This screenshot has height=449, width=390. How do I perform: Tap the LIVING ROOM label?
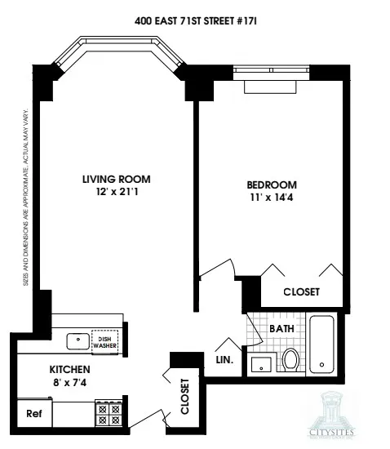coord(116,179)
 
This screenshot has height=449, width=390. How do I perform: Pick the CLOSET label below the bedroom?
coord(301,291)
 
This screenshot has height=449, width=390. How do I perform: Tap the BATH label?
coord(282,328)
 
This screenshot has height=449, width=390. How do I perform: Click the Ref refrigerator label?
coord(33,413)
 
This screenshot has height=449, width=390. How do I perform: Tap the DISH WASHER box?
coord(104,342)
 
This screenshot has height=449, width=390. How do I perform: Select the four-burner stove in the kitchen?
coord(109,414)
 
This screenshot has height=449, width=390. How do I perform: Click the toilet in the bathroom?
coord(290,359)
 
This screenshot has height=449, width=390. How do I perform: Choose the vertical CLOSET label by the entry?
coord(184,396)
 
